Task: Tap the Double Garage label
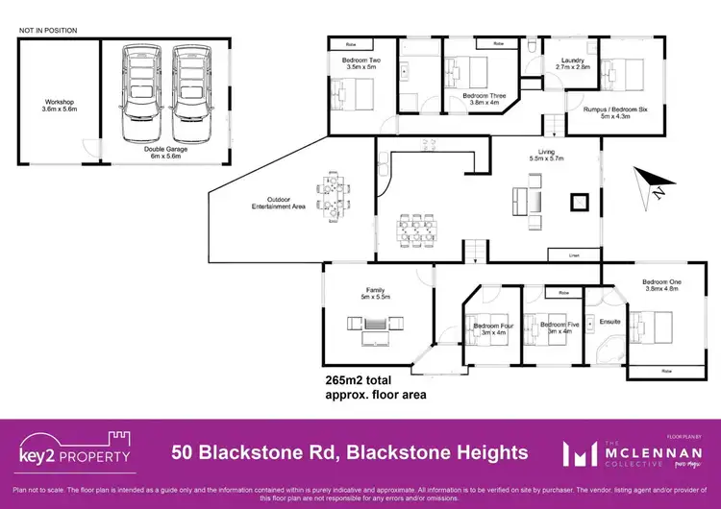point(166,152)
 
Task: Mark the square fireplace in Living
point(580,202)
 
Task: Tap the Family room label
point(375,293)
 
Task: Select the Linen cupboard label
point(574,254)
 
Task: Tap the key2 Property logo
point(75,450)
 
